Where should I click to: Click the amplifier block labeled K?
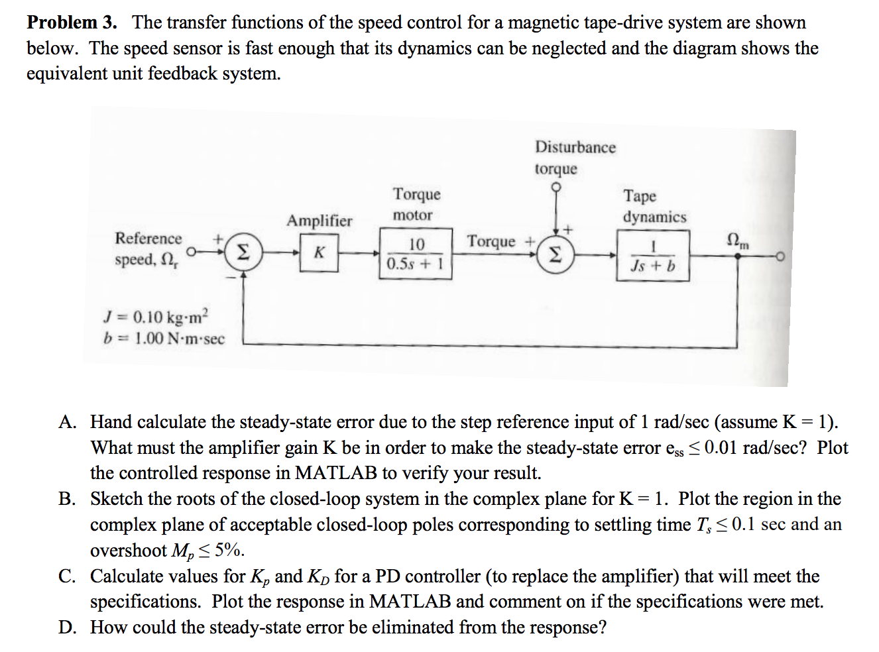coord(319,253)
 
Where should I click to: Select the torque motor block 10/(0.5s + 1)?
coord(416,254)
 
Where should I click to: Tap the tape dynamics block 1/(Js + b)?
coord(653,256)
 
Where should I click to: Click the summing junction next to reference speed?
coord(243,252)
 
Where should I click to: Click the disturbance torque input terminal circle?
coord(556,188)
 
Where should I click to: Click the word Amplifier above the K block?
coord(319,221)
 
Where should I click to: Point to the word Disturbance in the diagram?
coord(575,147)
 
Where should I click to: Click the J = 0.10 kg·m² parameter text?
coord(156,316)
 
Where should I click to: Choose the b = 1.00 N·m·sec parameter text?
coord(164,339)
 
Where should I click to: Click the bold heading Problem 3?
coord(72,23)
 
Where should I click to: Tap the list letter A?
coord(66,422)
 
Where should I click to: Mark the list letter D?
coord(66,627)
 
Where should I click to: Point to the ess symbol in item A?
coord(674,449)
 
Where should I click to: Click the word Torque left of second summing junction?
coord(491,241)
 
